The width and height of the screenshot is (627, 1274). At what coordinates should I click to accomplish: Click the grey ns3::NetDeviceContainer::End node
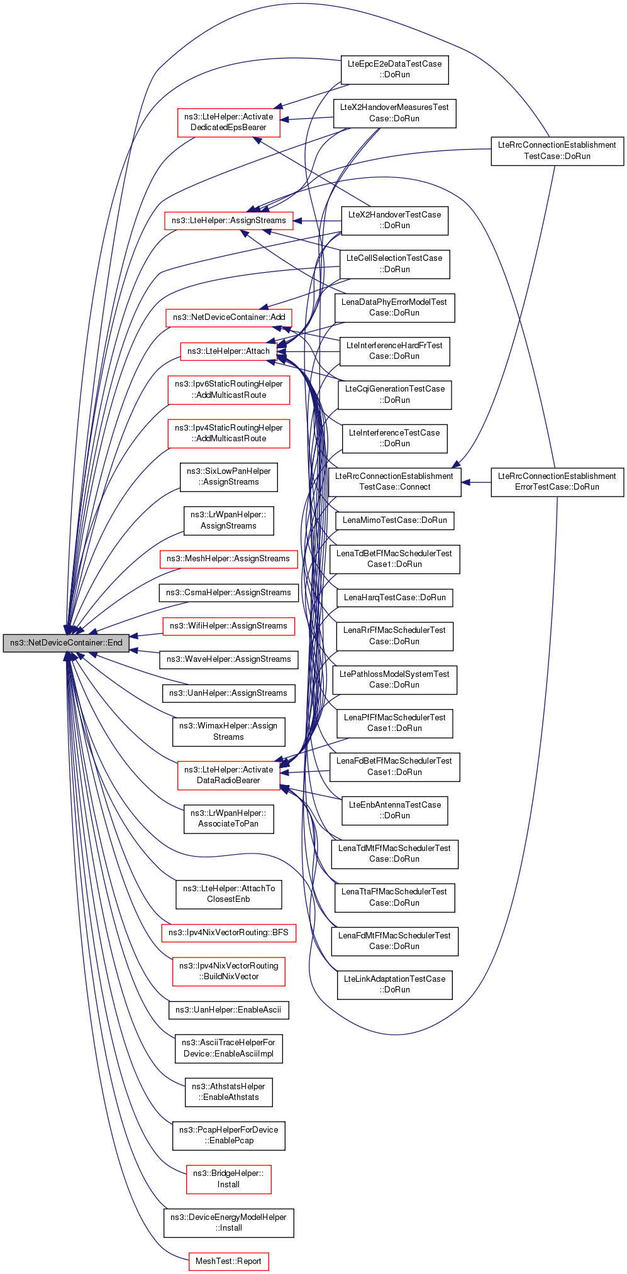click(x=66, y=643)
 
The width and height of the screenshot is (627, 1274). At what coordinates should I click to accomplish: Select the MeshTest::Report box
click(x=228, y=1261)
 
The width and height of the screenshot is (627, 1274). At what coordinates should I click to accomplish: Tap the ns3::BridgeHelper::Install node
click(x=228, y=1179)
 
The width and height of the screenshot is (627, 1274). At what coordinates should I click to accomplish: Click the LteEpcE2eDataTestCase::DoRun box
click(x=394, y=69)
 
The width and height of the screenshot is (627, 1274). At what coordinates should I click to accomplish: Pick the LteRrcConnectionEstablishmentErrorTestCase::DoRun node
click(x=557, y=481)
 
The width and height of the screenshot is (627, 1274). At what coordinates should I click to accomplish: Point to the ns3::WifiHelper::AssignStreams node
click(x=228, y=626)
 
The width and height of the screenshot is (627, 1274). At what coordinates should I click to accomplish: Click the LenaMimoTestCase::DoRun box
click(x=394, y=520)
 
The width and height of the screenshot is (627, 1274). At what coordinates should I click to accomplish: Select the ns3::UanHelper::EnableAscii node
click(x=228, y=1010)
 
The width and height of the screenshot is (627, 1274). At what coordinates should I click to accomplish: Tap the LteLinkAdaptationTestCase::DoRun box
click(x=394, y=984)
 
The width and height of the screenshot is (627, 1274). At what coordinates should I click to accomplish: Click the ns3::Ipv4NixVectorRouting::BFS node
click(x=228, y=933)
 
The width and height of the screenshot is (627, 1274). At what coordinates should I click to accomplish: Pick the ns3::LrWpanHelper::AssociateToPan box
click(x=228, y=818)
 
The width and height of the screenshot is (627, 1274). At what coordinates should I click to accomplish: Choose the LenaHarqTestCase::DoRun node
click(x=394, y=598)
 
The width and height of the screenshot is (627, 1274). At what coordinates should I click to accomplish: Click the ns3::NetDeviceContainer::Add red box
click(x=228, y=317)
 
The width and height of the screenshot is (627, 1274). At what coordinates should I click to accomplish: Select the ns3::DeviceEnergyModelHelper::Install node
click(x=228, y=1222)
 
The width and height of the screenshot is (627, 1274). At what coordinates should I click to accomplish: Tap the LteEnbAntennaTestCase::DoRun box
click(x=394, y=810)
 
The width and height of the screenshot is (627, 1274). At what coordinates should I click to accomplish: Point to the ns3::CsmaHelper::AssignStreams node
click(x=228, y=593)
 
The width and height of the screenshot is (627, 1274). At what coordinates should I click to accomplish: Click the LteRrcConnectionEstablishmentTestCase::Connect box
click(x=394, y=481)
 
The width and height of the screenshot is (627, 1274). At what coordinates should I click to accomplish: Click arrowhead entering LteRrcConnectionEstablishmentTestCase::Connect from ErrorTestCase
click(x=466, y=482)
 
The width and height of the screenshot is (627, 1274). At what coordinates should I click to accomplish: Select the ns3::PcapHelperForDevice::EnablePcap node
click(x=228, y=1135)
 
